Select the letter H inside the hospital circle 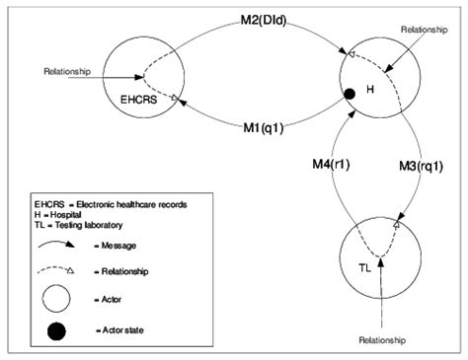pos(372,91)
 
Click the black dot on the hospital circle pos(350,94)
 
